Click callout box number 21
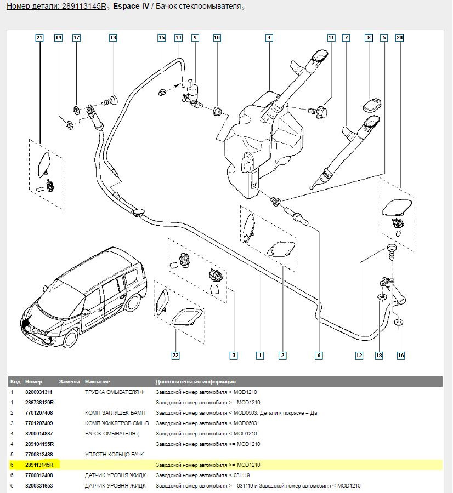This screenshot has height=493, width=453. click(39, 38)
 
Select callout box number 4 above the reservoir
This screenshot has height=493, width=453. click(269, 38)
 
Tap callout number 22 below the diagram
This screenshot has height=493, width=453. click(175, 356)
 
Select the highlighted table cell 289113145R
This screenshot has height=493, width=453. click(42, 465)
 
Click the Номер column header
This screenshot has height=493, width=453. click(33, 381)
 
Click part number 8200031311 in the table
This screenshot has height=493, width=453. click(39, 392)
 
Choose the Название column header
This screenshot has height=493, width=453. click(97, 381)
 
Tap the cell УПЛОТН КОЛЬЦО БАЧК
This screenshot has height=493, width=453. click(114, 455)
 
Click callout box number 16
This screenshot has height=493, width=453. click(401, 356)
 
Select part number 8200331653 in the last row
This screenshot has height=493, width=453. click(39, 486)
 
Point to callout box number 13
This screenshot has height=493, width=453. click(113, 38)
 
